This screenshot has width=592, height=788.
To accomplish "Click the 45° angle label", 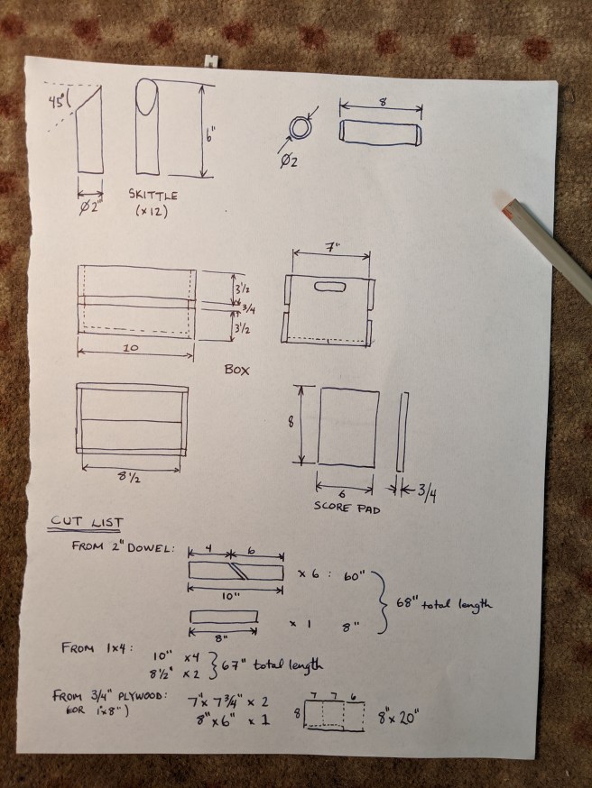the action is pyautogui.click(x=57, y=102).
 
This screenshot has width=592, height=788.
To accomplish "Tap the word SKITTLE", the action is pyautogui.click(x=153, y=195).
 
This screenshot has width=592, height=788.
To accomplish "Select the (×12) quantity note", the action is pyautogui.click(x=152, y=211).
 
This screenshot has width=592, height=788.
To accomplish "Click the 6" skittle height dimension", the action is pyautogui.click(x=209, y=135).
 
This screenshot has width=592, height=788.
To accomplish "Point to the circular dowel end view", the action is pyautogui.click(x=301, y=128).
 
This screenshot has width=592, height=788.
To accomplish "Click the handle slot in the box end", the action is pyautogui.click(x=330, y=287).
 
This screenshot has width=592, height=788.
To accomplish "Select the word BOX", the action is pyautogui.click(x=236, y=370).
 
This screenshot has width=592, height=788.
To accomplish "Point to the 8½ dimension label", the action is pyautogui.click(x=129, y=476).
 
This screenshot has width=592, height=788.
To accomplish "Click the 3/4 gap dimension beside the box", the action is pyautogui.click(x=248, y=308).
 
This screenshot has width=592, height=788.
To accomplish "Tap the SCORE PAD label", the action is pyautogui.click(x=347, y=508).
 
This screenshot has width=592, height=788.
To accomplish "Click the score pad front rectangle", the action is pyautogui.click(x=347, y=427).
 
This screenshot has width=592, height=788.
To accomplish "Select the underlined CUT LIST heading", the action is pyautogui.click(x=86, y=522).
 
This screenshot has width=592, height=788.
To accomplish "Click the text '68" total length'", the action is pyautogui.click(x=444, y=603).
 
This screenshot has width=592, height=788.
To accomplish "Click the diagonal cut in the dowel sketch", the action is pyautogui.click(x=238, y=572).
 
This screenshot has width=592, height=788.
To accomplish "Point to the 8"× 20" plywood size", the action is pyautogui.click(x=398, y=717).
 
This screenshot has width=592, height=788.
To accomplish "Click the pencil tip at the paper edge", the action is pyautogui.click(x=505, y=207).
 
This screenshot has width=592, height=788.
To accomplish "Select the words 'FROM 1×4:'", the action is pyautogui.click(x=97, y=647).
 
